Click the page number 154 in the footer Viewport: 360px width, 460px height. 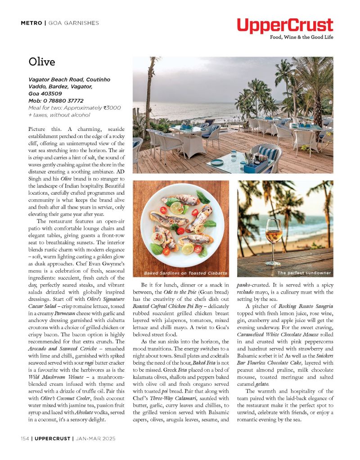pos(25,438)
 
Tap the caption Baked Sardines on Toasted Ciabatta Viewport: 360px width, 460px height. pos(185,273)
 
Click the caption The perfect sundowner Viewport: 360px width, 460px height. pos(304,273)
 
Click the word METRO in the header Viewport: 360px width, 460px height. pos(31,23)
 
